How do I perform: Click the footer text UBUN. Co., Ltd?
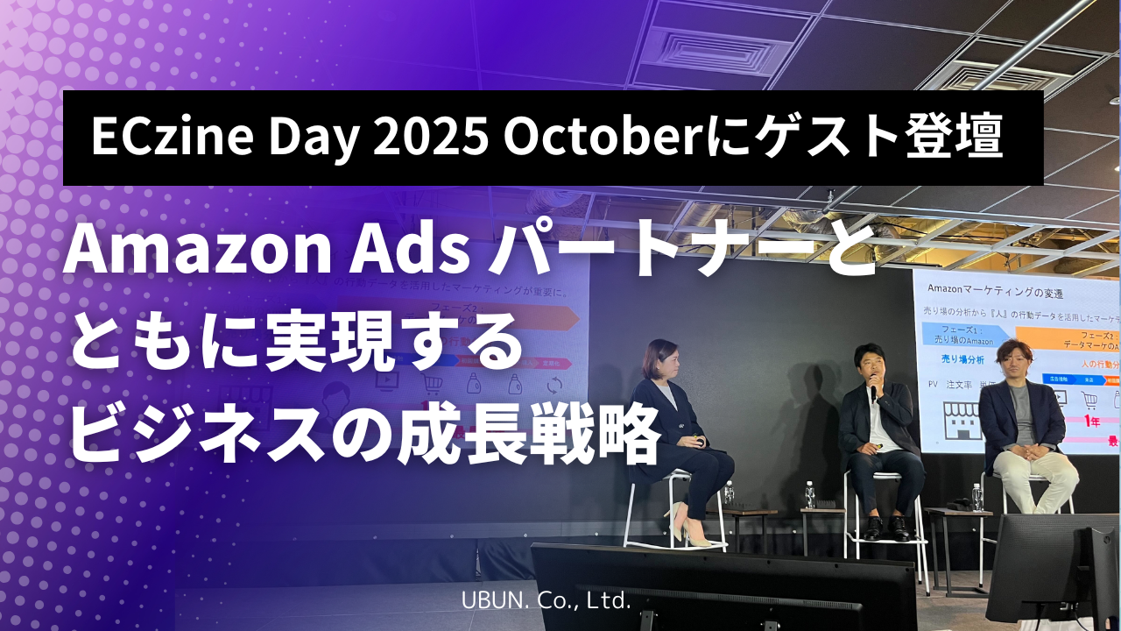[x=546, y=601]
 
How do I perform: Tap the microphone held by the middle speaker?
[x=873, y=392]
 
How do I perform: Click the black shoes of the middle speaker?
[x=885, y=528]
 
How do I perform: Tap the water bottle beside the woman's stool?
[x=729, y=493]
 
